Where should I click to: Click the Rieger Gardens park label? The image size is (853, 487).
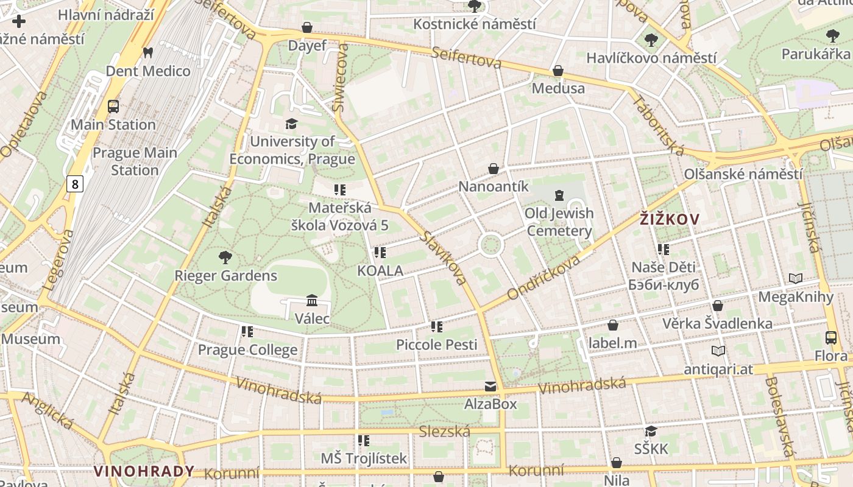(225, 276)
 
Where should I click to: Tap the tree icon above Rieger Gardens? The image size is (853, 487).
(225, 257)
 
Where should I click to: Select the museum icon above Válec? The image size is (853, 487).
(312, 300)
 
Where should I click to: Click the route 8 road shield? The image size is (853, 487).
(74, 184)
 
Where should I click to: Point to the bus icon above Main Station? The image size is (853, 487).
(113, 107)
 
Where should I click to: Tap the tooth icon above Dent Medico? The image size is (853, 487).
(147, 53)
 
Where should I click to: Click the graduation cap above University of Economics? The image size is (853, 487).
(292, 124)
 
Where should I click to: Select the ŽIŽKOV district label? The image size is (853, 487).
(670, 219)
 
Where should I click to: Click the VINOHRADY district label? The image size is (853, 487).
(144, 471)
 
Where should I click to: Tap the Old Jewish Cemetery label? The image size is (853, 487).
(559, 222)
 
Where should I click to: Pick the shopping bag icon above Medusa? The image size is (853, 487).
(557, 71)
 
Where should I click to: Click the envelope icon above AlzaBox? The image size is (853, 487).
(490, 386)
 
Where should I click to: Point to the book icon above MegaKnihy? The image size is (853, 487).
(795, 278)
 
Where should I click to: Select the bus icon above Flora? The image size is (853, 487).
(830, 338)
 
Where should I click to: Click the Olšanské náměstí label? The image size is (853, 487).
(743, 174)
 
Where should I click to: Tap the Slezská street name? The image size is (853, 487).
(445, 432)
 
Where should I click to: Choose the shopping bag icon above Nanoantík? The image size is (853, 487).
(494, 169)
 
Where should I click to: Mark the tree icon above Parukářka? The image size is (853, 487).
(832, 36)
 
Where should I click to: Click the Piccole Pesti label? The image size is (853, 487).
(436, 345)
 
